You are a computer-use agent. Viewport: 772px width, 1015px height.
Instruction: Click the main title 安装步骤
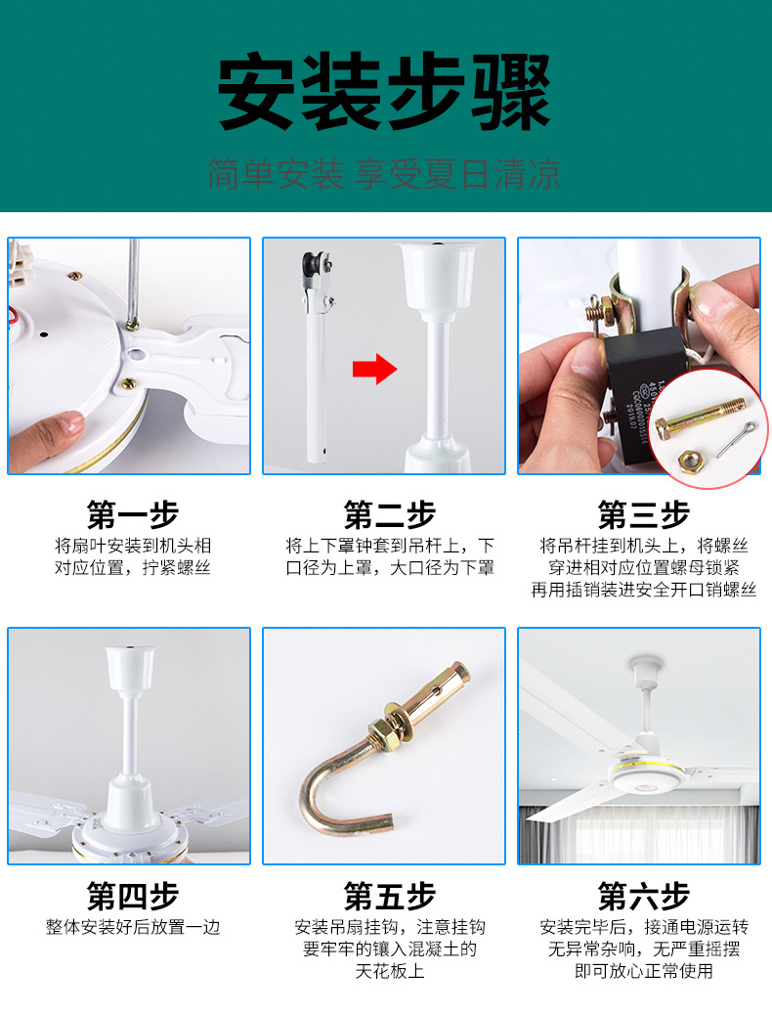coord(384,92)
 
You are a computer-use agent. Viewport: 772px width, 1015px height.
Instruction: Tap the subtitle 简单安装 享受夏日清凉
coord(384,174)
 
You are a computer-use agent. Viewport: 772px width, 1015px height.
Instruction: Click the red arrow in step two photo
coord(374,369)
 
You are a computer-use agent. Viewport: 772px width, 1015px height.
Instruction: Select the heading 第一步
coord(133,514)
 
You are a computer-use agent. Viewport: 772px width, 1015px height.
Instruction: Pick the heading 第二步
coord(390,514)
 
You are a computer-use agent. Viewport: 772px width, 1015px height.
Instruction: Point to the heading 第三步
coord(644,514)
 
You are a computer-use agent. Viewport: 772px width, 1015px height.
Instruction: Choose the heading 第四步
coord(133,896)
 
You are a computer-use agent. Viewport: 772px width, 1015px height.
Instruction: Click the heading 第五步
coord(390,896)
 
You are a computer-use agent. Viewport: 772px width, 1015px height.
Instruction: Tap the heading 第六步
coord(644,896)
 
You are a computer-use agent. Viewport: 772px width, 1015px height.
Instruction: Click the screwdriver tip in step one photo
coord(132,325)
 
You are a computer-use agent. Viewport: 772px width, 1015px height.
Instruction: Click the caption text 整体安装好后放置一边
coord(133,927)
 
